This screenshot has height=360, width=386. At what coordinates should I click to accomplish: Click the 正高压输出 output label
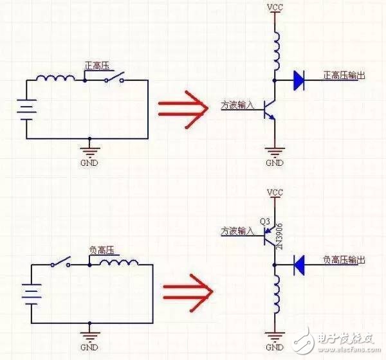pyautogui.click(x=344, y=76)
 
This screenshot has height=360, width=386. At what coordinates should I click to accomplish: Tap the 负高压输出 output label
pyautogui.click(x=344, y=260)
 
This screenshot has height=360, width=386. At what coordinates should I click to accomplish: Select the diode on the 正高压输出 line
pyautogui.click(x=299, y=80)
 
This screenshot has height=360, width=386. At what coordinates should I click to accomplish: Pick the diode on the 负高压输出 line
pyautogui.click(x=299, y=265)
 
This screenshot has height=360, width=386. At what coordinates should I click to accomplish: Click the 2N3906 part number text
pyautogui.click(x=279, y=236)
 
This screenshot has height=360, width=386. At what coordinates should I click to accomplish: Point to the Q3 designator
pyautogui.click(x=265, y=222)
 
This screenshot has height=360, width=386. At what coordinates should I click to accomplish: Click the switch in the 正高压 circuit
pyautogui.click(x=115, y=76)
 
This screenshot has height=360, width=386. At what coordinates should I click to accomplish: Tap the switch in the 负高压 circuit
pyautogui.click(x=60, y=262)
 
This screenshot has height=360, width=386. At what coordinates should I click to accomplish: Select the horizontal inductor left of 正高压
pyautogui.click(x=55, y=78)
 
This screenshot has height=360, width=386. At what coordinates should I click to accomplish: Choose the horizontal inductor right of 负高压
pyautogui.click(x=119, y=262)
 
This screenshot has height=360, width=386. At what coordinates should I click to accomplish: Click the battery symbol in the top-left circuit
pyautogui.click(x=26, y=110)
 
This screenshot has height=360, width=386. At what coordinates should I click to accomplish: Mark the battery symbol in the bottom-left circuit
pyautogui.click(x=32, y=294)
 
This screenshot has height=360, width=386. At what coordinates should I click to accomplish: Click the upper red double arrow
pyautogui.click(x=183, y=109)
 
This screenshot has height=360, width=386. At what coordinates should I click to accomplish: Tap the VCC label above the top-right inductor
pyautogui.click(x=275, y=8)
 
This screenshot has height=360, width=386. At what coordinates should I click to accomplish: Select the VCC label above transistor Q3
pyautogui.click(x=275, y=192)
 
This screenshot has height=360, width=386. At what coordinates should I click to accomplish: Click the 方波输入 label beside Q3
pyautogui.click(x=237, y=231)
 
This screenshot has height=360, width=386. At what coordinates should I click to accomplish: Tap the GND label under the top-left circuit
pyautogui.click(x=89, y=163)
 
